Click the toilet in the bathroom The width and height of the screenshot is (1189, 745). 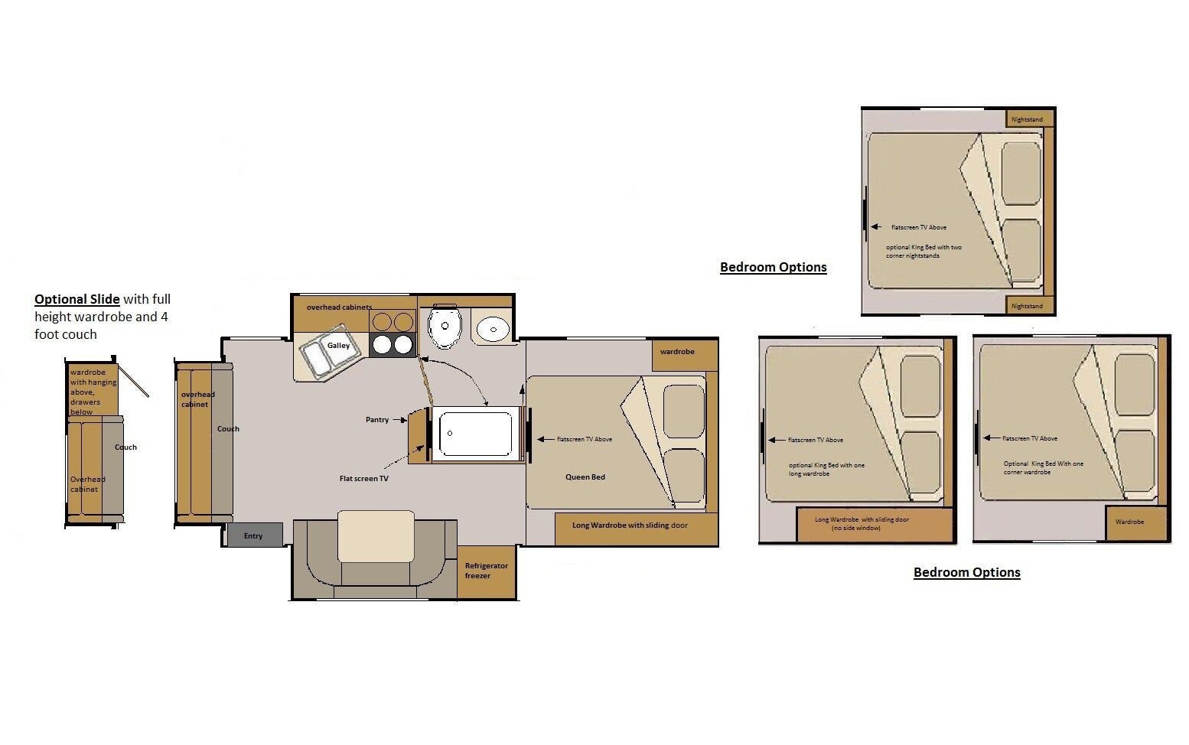tap(444, 327)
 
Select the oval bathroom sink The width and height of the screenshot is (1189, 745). tap(493, 330)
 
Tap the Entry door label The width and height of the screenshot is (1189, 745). tap(254, 535)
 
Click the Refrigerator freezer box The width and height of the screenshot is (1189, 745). tap(486, 571)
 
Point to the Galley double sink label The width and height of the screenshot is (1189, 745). tap(338, 346)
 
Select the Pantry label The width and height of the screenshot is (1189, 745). tap(377, 419)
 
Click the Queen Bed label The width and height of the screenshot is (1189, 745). tap(585, 477)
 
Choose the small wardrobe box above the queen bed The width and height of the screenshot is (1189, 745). tap(684, 353)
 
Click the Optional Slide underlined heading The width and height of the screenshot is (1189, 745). tap(77, 299)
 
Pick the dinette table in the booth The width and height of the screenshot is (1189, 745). tap(376, 536)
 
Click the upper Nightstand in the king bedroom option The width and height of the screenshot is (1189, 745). tap(1028, 119)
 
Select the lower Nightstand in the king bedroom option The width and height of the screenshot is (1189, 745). tap(1028, 305)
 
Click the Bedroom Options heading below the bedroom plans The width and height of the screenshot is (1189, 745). tap(966, 572)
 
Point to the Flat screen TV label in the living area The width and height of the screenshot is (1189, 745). tap(363, 479)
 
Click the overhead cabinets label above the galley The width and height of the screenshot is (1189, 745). tap(339, 307)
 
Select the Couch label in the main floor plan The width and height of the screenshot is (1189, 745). tap(228, 429)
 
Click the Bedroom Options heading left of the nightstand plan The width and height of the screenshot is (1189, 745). tap(773, 267)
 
